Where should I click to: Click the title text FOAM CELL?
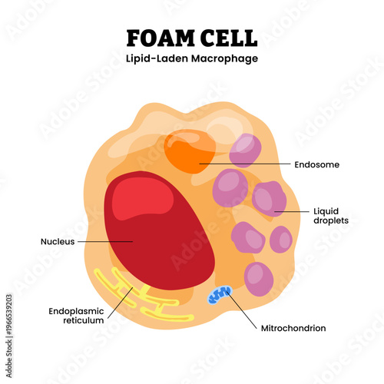point(191,38)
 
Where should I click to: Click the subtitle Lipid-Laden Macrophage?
point(191,59)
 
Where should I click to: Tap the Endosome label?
point(316,164)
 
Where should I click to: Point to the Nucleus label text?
point(57,241)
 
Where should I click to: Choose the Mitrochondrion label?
point(293,328)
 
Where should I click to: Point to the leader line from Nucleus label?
point(104,241)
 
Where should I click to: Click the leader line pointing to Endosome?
point(246,164)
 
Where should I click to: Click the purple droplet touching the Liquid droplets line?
point(269,200)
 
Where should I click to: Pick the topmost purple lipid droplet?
point(246,151)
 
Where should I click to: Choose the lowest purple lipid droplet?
point(258,278)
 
